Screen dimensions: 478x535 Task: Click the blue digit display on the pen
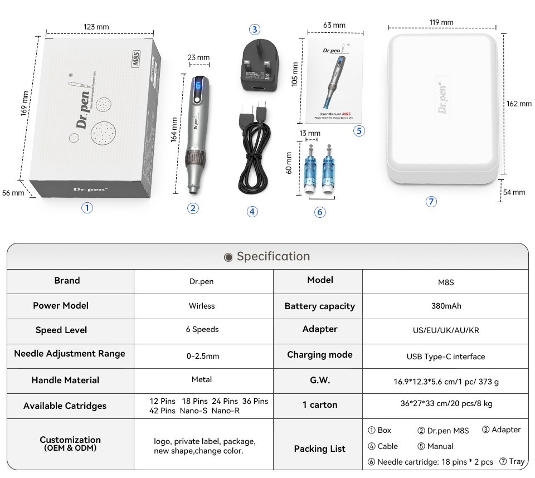[198, 85]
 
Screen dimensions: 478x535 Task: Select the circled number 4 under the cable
[252, 212]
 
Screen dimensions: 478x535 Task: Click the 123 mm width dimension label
[96, 27]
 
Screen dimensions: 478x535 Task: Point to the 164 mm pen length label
[174, 129]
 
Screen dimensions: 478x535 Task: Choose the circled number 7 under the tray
[431, 202]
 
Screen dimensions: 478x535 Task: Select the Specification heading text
[273, 256]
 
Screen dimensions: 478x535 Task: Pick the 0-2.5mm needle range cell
[203, 356]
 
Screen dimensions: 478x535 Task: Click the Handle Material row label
[65, 380]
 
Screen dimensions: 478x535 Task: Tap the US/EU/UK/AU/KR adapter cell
[446, 330]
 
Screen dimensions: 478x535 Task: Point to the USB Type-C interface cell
[446, 357]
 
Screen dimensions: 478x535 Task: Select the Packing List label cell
[319, 448]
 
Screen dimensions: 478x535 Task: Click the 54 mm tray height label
[514, 192]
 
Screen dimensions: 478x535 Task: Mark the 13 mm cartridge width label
[310, 133]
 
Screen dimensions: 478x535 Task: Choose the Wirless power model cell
[202, 306]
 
